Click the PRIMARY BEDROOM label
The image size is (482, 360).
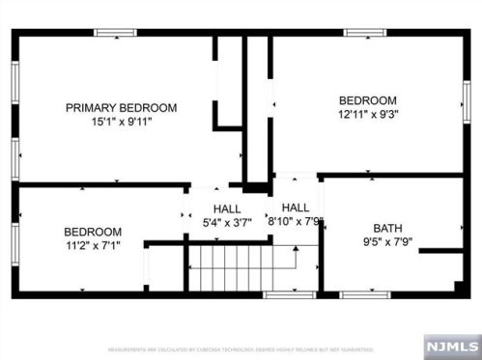[121, 108]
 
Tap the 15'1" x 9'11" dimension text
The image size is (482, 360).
[121, 122]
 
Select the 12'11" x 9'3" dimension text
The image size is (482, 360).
[367, 114]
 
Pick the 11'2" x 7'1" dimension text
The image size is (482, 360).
[93, 245]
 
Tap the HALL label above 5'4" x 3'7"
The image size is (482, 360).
[227, 209]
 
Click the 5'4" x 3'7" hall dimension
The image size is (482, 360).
[227, 223]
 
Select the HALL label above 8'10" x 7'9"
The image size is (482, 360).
[296, 208]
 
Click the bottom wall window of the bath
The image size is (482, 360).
[365, 293]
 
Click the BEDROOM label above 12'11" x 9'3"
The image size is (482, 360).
[367, 100]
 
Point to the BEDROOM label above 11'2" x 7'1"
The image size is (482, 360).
[93, 232]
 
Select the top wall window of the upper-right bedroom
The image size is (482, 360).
[365, 32]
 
